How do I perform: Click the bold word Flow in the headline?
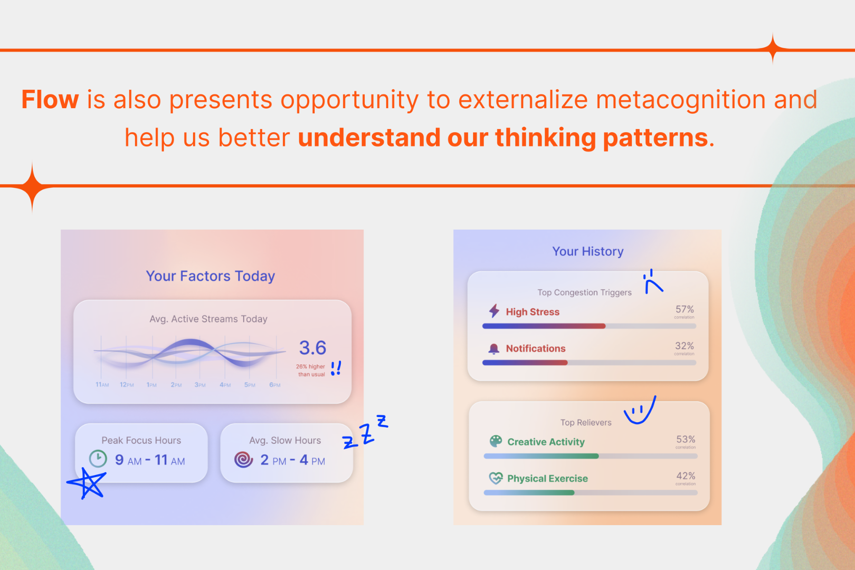pyautogui.click(x=50, y=99)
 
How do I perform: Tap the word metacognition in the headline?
pyautogui.click(x=680, y=100)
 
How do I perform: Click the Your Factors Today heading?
pyautogui.click(x=210, y=276)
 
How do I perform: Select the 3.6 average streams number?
pyautogui.click(x=312, y=347)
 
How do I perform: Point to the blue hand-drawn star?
pyautogui.click(x=87, y=483)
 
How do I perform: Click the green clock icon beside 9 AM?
pyautogui.click(x=98, y=459)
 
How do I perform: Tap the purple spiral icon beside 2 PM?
pyautogui.click(x=243, y=459)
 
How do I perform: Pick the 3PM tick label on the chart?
pyautogui.click(x=200, y=385)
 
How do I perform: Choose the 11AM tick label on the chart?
pyautogui.click(x=102, y=385)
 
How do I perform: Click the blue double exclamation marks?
pyautogui.click(x=336, y=368)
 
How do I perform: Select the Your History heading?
pyautogui.click(x=588, y=252)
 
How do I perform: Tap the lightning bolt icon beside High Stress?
pyautogui.click(x=495, y=311)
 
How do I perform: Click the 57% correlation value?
pyautogui.click(x=685, y=309)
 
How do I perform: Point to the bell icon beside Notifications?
pyautogui.click(x=494, y=348)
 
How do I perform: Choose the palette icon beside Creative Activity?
pyautogui.click(x=496, y=441)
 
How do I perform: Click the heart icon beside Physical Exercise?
pyautogui.click(x=496, y=478)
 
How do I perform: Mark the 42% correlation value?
pyautogui.click(x=686, y=476)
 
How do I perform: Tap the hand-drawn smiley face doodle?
pyautogui.click(x=640, y=411)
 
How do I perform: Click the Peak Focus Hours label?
pyautogui.click(x=141, y=440)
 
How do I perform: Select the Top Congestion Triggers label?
pyautogui.click(x=584, y=292)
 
